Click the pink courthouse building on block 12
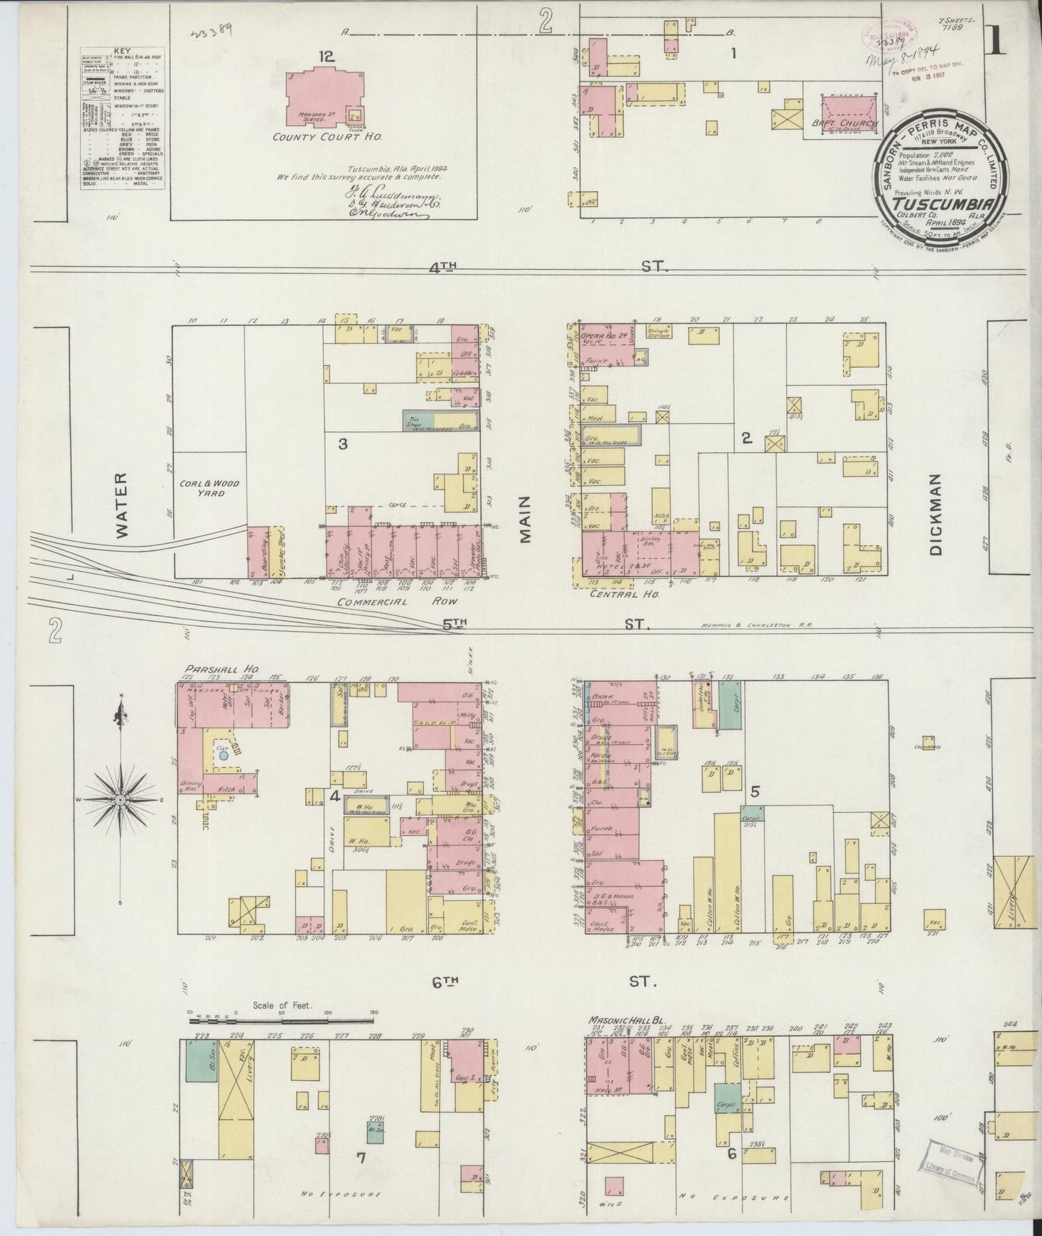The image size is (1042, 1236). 324,97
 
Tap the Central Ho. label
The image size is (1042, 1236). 614,594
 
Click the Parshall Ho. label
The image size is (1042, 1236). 211,668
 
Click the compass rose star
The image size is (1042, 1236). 120,800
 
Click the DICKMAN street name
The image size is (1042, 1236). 935,514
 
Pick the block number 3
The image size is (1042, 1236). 343,444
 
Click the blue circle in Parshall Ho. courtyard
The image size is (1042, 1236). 224,756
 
